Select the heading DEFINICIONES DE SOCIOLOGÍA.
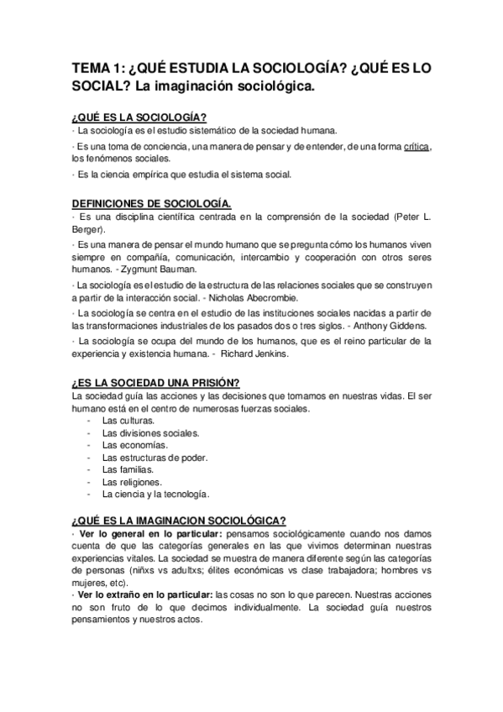click(x=153, y=203)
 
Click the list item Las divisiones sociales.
click(x=150, y=433)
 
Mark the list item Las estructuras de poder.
click(x=155, y=458)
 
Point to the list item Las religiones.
click(x=130, y=483)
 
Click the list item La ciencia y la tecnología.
click(x=155, y=495)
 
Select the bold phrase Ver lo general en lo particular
click(x=149, y=534)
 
